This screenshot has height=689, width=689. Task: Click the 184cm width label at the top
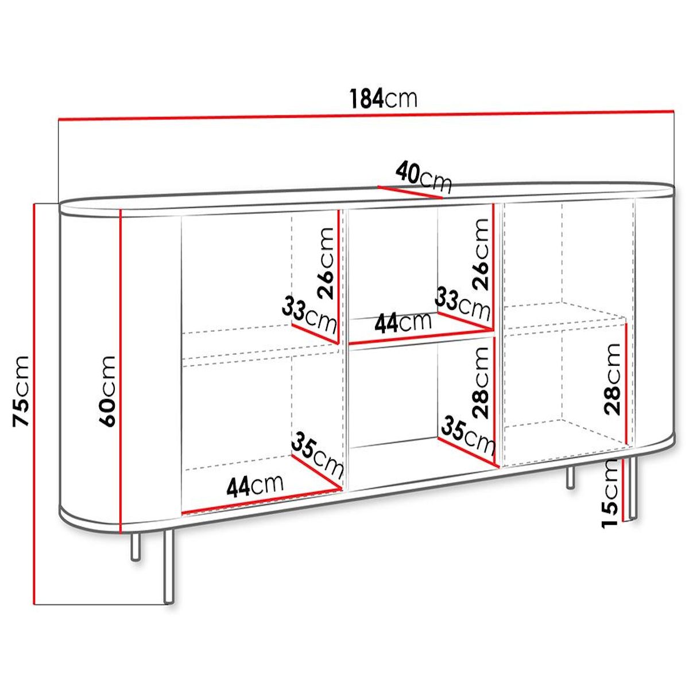click(x=384, y=99)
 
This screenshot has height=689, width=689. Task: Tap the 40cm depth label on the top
click(x=424, y=176)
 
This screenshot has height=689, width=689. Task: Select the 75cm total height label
click(x=21, y=391)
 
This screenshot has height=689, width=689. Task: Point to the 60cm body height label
click(x=107, y=391)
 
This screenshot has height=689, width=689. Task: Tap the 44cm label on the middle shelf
click(x=402, y=323)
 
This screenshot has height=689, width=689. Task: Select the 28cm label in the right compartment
click(x=612, y=379)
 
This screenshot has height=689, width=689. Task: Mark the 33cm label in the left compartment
click(x=309, y=315)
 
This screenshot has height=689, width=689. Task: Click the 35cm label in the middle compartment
click(x=467, y=435)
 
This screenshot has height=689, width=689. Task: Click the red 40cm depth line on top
click(x=410, y=192)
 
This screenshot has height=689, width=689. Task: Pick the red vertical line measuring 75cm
click(x=36, y=402)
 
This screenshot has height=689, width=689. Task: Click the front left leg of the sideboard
click(x=169, y=566)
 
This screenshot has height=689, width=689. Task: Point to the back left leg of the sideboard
click(x=136, y=545)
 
